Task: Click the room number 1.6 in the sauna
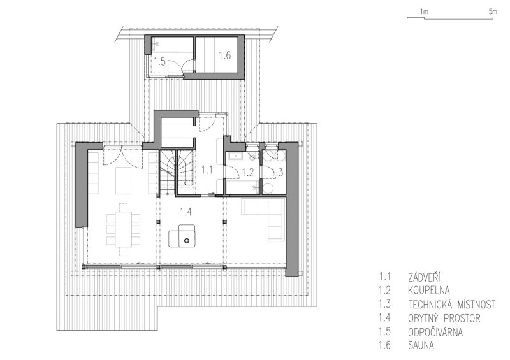(224, 55)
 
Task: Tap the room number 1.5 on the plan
(159, 61)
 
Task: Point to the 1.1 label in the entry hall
(207, 169)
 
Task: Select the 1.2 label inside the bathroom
(248, 172)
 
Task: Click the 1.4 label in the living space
(186, 212)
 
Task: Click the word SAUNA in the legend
(421, 345)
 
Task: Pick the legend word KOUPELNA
(428, 290)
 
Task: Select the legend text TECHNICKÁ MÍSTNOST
(452, 304)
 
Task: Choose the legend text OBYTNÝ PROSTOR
(444, 318)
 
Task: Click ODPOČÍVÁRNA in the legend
(435, 332)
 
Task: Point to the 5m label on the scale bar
(493, 11)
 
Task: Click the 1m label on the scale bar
(424, 11)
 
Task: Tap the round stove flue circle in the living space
(186, 241)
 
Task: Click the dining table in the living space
(123, 229)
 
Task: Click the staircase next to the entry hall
(177, 173)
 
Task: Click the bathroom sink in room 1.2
(235, 157)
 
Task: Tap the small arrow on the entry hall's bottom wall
(212, 194)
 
